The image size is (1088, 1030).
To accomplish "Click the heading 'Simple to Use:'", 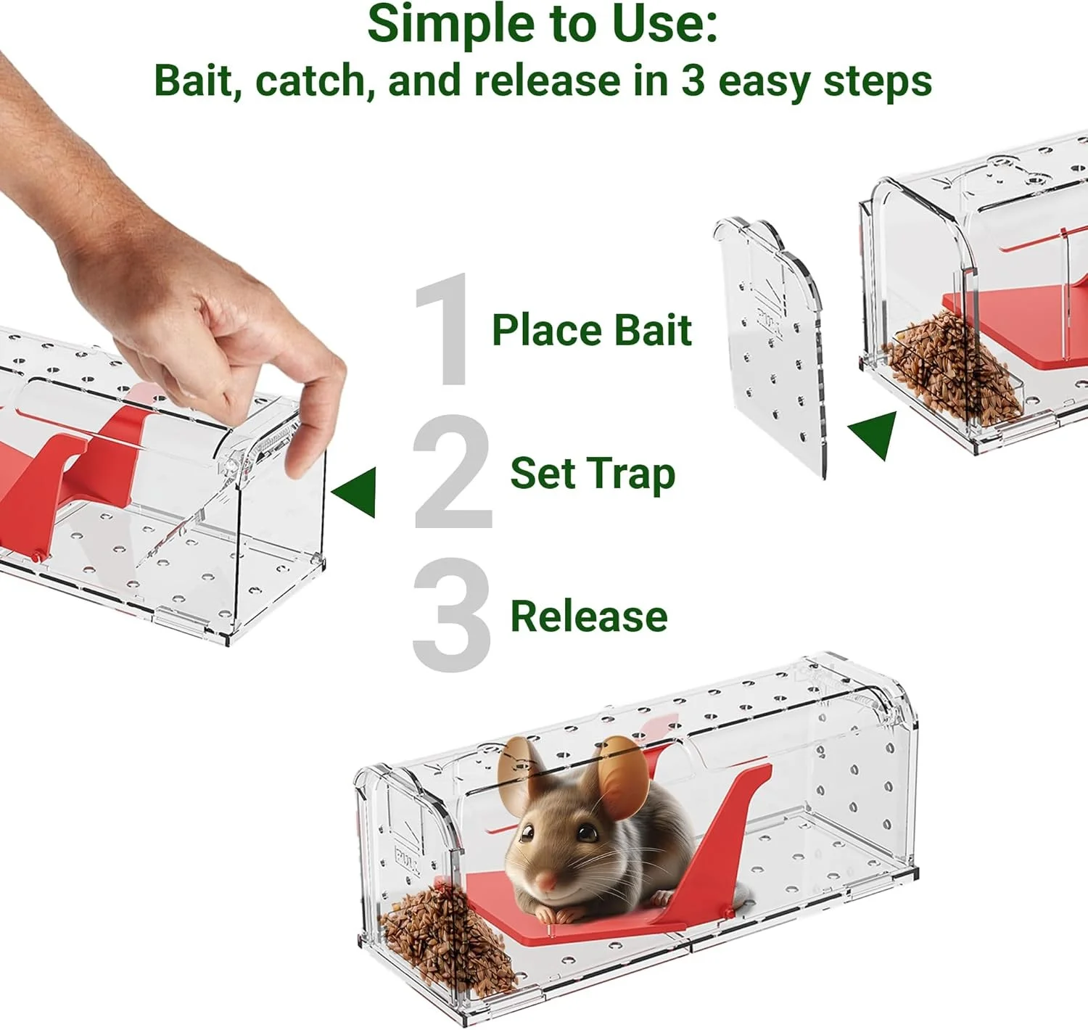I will click(543, 25).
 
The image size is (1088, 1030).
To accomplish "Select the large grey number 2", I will click(451, 472).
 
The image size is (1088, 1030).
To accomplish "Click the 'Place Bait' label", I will click(591, 331).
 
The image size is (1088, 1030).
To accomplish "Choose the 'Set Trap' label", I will click(592, 474).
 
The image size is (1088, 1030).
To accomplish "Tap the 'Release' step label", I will click(588, 617).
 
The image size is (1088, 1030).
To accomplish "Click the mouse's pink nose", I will click(546, 882).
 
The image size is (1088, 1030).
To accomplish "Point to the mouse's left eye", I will click(586, 833).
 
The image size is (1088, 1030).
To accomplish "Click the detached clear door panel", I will click(772, 348).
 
